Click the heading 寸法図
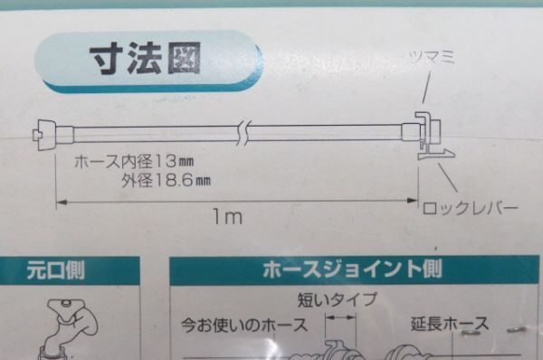tap(144, 61)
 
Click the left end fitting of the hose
tap(51, 137)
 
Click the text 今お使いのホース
tap(243, 323)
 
